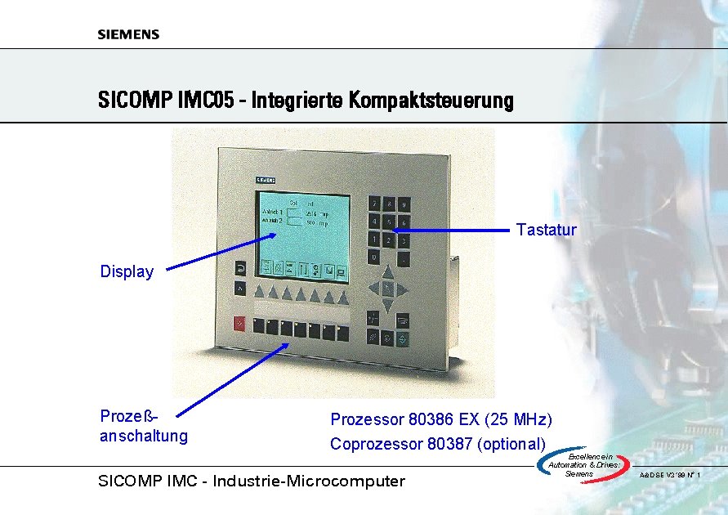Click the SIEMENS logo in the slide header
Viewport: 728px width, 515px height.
(128, 34)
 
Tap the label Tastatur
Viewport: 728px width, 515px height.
(547, 231)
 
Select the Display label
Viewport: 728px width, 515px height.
(127, 272)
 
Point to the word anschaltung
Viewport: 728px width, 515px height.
(144, 436)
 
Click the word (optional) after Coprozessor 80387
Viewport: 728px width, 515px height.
(511, 445)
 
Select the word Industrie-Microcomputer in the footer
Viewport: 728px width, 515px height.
(309, 481)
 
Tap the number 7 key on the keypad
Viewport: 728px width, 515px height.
(374, 203)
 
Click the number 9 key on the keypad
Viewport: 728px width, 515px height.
(404, 203)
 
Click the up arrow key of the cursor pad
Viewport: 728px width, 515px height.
(389, 274)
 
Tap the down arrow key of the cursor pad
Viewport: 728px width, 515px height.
(389, 304)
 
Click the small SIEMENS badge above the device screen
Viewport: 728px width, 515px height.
(266, 178)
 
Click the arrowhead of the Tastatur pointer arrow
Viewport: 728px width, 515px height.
(397, 231)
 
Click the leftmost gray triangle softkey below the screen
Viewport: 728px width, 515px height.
(260, 293)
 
